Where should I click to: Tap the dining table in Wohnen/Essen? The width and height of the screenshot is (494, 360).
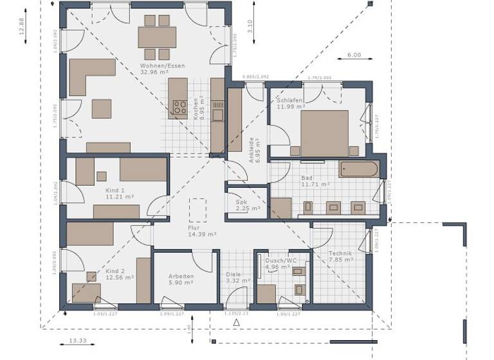click(x=157, y=37)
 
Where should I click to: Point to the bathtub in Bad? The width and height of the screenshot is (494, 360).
click(x=359, y=170)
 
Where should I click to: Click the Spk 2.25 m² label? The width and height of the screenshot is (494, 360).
click(x=247, y=204)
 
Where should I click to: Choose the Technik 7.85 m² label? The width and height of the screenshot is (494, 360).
click(x=341, y=256)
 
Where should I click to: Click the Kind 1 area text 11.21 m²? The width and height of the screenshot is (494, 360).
click(x=120, y=198)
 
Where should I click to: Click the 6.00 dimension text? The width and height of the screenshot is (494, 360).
click(x=354, y=55)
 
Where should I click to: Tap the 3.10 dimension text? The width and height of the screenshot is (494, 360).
click(x=250, y=26)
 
